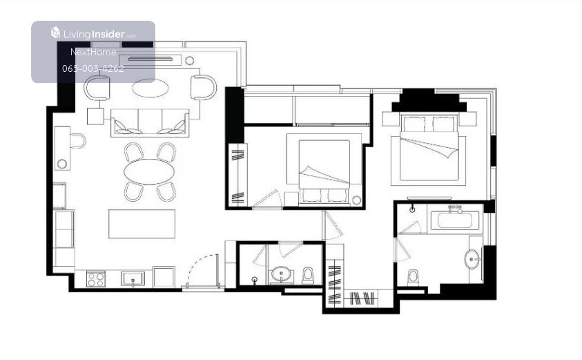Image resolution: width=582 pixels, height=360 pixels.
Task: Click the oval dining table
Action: (x=149, y=171)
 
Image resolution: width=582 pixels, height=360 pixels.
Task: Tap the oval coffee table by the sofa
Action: (x=151, y=88)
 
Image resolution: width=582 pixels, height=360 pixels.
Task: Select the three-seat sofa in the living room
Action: (x=150, y=123)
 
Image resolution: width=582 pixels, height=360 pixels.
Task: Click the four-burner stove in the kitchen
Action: (x=96, y=278)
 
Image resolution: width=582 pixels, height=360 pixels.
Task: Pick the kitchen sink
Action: (x=133, y=278)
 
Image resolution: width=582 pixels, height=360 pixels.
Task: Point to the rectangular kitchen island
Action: (x=142, y=224)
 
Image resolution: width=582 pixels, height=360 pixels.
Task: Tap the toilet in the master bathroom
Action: (x=413, y=278)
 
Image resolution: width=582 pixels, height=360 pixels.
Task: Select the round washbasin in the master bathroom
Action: (x=472, y=259)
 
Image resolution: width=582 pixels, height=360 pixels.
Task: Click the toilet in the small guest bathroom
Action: (x=308, y=275)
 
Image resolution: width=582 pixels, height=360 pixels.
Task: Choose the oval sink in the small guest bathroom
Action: (x=281, y=275)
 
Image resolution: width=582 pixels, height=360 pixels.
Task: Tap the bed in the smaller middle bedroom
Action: (x=324, y=169)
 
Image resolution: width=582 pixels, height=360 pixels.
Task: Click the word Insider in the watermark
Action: (x=108, y=34)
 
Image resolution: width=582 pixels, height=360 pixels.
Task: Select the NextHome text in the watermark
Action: (x=93, y=52)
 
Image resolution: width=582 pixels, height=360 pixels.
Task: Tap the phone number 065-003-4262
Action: (x=93, y=68)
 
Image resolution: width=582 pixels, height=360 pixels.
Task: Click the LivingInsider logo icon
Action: (x=55, y=32)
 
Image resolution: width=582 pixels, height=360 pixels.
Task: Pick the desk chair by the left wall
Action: (x=78, y=141)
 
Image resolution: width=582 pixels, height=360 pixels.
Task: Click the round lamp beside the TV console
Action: (x=190, y=60)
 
